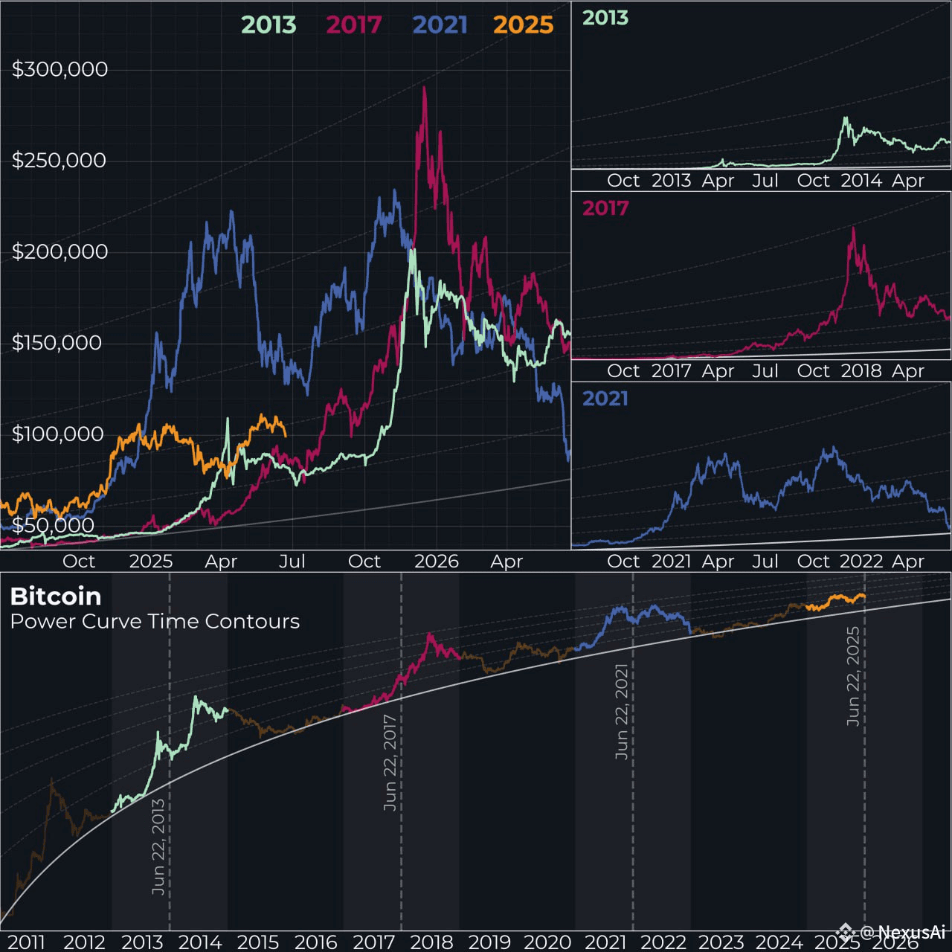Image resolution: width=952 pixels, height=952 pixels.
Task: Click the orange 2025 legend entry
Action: click(x=524, y=25)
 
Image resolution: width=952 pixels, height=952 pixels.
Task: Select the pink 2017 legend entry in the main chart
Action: click(x=353, y=25)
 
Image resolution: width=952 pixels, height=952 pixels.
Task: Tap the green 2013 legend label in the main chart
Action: click(x=268, y=25)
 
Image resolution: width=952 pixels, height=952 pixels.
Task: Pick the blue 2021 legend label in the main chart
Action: click(x=440, y=25)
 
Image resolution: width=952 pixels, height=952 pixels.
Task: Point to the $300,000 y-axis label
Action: click(x=59, y=69)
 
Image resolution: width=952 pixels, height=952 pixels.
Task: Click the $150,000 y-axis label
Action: click(x=57, y=343)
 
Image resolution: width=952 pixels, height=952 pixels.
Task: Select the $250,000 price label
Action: click(x=59, y=161)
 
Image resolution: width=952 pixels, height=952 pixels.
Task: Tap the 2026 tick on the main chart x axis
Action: click(x=436, y=561)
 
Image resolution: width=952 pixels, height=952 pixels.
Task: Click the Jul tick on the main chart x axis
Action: click(x=292, y=561)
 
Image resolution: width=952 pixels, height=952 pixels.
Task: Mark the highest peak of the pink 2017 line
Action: click(x=424, y=88)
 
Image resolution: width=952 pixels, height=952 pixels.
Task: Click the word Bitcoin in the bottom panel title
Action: click(x=56, y=596)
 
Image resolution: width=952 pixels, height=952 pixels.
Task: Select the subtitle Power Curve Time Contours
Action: click(x=155, y=622)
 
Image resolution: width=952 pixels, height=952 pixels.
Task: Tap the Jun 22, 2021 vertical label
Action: click(x=622, y=711)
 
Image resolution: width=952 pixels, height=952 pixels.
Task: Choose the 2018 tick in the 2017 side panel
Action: click(x=861, y=370)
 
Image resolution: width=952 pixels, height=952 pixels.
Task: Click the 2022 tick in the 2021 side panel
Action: click(x=861, y=561)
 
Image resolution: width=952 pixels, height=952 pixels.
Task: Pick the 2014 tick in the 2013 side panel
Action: click(x=861, y=180)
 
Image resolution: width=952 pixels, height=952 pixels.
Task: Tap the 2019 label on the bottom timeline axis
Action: click(x=489, y=942)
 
